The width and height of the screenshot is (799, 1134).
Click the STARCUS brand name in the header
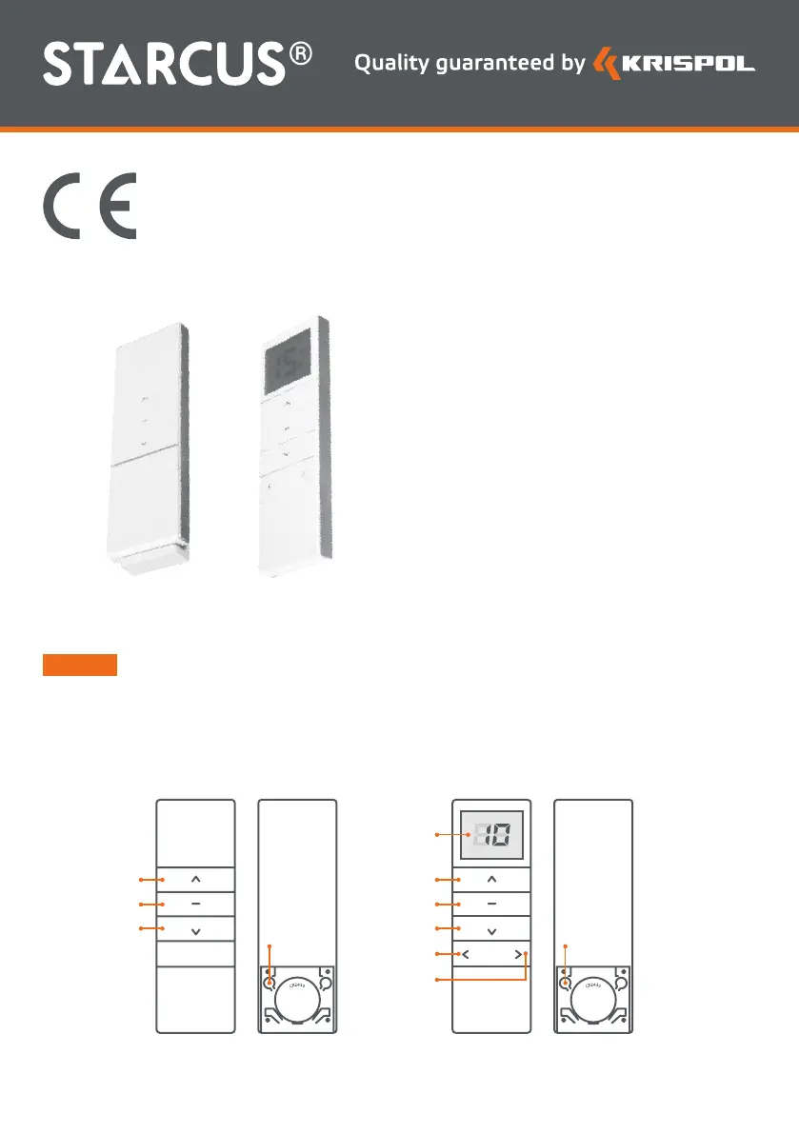point(164,64)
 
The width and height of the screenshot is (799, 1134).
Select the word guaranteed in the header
point(496,64)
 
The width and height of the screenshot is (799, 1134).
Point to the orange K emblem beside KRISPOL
point(606,64)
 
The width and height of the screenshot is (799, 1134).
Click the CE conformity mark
point(90,207)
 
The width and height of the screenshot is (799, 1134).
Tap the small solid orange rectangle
point(79,665)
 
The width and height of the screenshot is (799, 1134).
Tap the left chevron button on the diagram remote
point(466,953)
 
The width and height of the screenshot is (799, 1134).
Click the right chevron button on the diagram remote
point(517,953)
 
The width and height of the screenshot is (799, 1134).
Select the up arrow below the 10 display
point(491,879)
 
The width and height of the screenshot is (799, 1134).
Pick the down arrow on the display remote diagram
point(491,929)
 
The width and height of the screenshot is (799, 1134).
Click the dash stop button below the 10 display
point(491,904)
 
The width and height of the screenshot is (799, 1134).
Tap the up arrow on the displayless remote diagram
point(195,879)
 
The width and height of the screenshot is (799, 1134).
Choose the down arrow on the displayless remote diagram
point(195,929)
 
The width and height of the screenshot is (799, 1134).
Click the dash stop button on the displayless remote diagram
point(195,904)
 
